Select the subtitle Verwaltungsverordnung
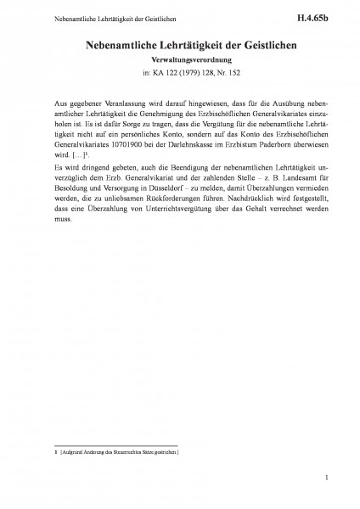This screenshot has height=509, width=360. click(180, 61)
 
